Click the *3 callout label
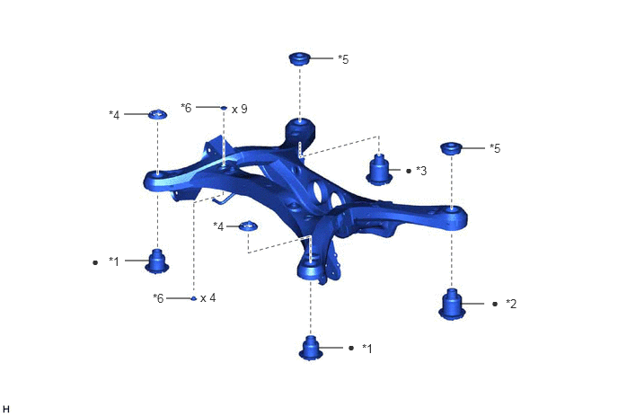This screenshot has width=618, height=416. (421, 171)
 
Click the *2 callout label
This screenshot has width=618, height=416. (511, 304)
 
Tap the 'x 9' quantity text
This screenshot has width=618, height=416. (240, 109)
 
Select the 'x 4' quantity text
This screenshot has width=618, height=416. (208, 297)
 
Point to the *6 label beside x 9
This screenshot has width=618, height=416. (186, 107)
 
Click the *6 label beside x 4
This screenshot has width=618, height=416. (158, 298)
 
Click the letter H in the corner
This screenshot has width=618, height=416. (5, 410)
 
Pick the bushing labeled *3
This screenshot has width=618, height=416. (378, 170)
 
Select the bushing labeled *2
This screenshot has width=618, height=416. (452, 304)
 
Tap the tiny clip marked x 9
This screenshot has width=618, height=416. (224, 108)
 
